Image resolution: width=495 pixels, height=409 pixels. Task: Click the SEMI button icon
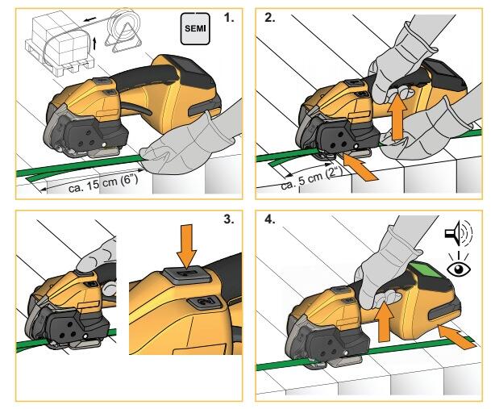(x=195, y=29)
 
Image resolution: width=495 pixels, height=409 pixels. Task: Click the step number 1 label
(x=229, y=18)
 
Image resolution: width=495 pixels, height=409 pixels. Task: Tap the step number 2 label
(x=270, y=18)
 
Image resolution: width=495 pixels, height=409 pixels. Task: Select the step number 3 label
(x=229, y=219)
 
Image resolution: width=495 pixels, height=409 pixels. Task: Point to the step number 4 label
(x=270, y=219)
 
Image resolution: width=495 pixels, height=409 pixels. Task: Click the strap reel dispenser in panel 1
(x=123, y=30)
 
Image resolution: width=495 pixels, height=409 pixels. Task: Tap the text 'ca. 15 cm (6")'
(x=103, y=184)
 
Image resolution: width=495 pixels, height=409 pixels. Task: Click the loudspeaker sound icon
(x=459, y=233)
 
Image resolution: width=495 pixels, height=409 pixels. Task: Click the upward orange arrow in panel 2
(x=397, y=119)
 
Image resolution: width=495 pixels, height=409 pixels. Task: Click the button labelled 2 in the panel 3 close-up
(x=204, y=302)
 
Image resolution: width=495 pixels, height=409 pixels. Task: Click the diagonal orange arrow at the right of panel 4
(x=457, y=337)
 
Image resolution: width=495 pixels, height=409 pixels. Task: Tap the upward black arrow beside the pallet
(x=94, y=44)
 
